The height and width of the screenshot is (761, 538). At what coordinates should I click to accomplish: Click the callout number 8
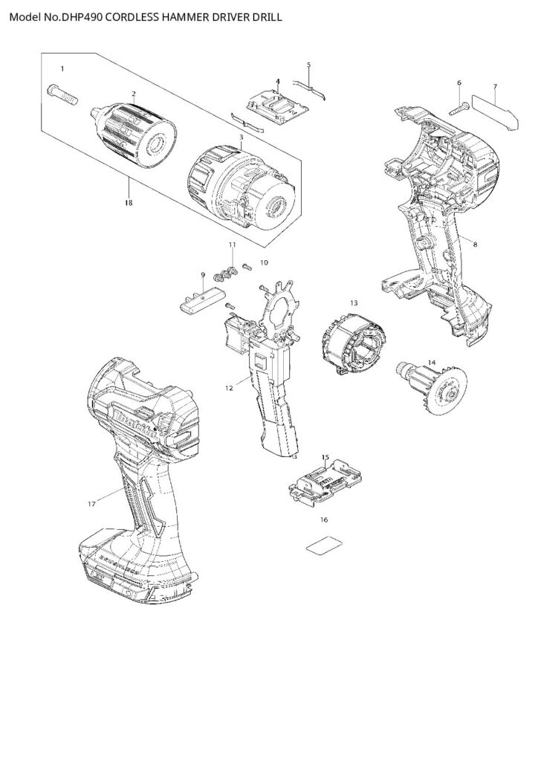(x=475, y=243)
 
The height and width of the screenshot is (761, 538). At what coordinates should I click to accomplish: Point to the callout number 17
(x=92, y=504)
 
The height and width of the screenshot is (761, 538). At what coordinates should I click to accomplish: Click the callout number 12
(x=230, y=386)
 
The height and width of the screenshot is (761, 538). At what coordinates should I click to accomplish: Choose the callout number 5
(x=308, y=65)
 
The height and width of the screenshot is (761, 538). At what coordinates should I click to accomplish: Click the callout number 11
(x=232, y=245)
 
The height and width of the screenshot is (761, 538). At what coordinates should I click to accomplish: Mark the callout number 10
(x=264, y=262)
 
